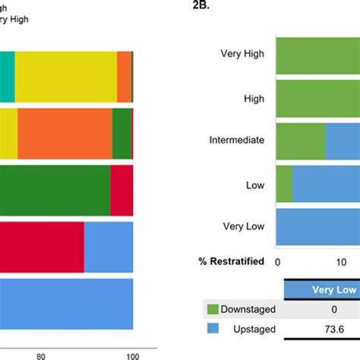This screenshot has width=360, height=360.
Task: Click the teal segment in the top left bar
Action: (7, 77)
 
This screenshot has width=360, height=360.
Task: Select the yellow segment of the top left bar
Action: (65, 77)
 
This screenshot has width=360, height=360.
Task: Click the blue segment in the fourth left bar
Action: (109, 247)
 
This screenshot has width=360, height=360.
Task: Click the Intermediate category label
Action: (237, 140)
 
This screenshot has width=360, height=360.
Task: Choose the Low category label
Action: (254, 183)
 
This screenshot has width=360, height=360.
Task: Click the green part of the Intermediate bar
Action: (300, 141)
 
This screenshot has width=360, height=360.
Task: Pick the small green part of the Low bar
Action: (283, 184)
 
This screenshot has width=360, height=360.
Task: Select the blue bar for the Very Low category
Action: (317, 227)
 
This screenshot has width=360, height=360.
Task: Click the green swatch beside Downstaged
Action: (212, 309)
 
